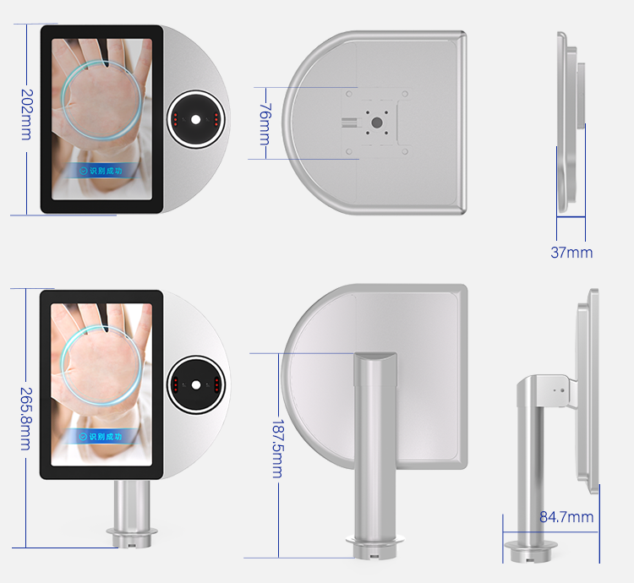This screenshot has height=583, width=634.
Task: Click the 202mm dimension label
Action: tap(27, 115)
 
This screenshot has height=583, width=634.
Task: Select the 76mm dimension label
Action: tap(265, 124)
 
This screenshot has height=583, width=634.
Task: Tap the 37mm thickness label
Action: tap(571, 253)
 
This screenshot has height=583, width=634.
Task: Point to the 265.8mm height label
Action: tap(26, 418)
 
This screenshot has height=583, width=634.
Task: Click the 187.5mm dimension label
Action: tap(278, 449)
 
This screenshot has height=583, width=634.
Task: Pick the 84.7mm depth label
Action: tap(566, 517)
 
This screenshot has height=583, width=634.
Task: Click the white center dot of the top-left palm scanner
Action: tap(196, 120)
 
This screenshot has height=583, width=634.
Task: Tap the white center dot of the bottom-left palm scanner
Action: tap(196, 385)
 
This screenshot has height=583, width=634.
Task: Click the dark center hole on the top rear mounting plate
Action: tap(376, 123)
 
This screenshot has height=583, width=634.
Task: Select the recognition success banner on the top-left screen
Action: tap(101, 171)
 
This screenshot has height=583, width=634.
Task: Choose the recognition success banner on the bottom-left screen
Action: tap(101, 437)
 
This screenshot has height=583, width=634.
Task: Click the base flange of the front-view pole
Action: tap(132, 537)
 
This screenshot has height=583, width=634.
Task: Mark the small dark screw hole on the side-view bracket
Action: tap(562, 390)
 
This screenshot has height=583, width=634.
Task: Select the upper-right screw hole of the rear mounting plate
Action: tap(405, 94)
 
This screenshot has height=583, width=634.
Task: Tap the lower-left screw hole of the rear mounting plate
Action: tap(349, 152)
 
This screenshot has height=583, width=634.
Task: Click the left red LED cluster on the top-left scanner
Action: tap(176, 120)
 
